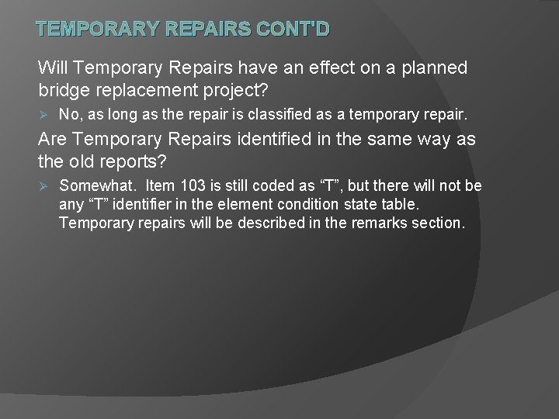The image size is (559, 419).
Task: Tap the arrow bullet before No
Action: pyautogui.click(x=44, y=116)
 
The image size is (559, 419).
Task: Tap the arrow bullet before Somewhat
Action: pyautogui.click(x=44, y=186)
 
